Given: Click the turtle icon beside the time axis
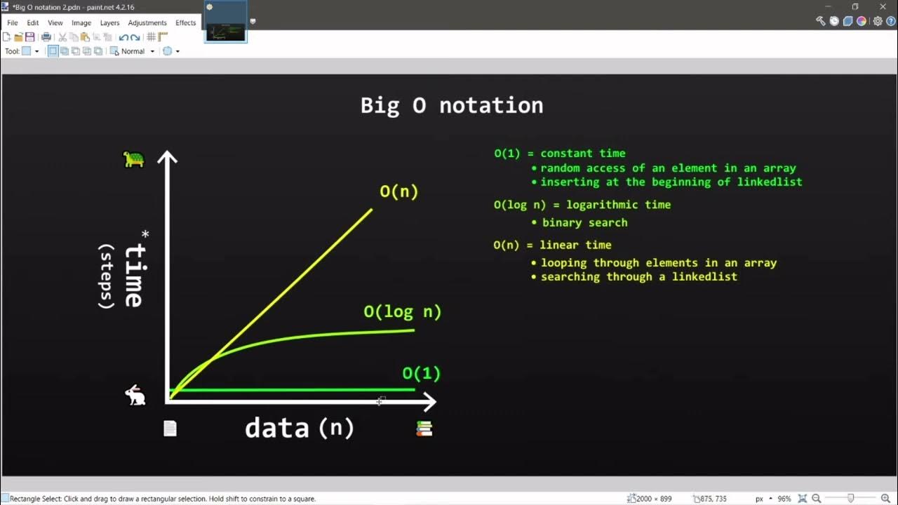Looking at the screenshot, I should pos(133,159).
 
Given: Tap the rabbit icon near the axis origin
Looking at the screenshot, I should pos(135,396).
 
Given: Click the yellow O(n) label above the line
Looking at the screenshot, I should pos(398,191).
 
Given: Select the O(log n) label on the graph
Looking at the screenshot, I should pos(402,312).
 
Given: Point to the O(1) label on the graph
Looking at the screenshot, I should pos(421,373).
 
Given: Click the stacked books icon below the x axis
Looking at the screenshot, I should pos(424,429).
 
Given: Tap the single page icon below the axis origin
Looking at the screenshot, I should pos(170,429).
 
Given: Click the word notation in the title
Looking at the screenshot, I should pos(491,105).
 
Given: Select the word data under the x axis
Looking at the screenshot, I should pos(276,428).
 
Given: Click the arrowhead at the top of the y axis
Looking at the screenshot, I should pos(167,157).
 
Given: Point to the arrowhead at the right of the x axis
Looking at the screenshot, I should pos(429,402).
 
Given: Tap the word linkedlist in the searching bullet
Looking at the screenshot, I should pos(704,276).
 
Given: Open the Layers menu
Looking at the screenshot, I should pos(109,22).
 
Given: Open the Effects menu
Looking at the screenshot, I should pos(186,22).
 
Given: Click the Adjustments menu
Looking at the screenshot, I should pos(147,22).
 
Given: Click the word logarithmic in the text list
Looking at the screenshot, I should pos(600,205).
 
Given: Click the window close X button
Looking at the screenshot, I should pos(883,6).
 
